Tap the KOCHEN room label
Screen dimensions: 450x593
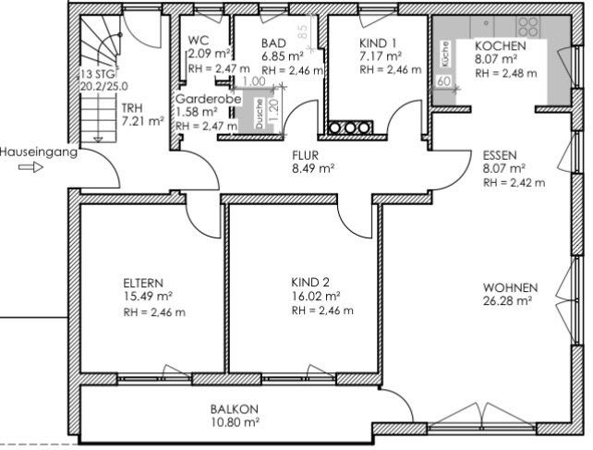[500, 46]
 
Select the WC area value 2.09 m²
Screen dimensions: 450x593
[206, 55]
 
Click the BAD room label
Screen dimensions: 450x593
[274, 43]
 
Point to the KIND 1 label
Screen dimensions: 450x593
[379, 43]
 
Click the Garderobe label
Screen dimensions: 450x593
[201, 98]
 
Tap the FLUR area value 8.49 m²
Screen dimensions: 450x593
[312, 169]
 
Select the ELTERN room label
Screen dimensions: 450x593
[143, 283]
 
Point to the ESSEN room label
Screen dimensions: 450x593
[500, 156]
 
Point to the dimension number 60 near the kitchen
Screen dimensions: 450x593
[443, 82]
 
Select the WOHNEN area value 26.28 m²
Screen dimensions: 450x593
[510, 300]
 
